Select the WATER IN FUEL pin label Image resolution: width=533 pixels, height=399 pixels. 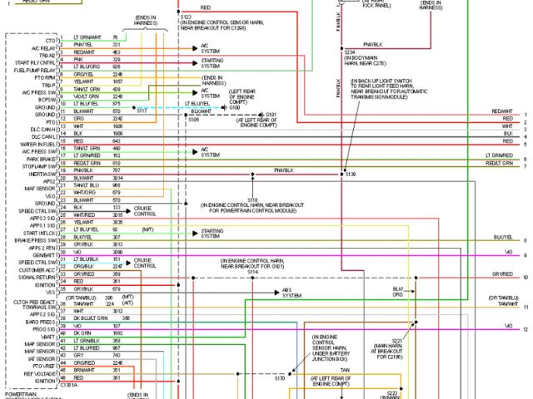[37, 145]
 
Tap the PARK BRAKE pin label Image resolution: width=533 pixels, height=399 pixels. [42, 159]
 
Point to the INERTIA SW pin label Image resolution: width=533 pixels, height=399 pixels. [42, 173]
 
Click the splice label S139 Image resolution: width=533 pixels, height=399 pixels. [350, 175]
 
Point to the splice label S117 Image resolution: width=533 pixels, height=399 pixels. [142, 110]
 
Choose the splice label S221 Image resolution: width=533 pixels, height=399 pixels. [396, 341]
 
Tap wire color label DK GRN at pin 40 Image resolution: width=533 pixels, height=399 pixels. [82, 333]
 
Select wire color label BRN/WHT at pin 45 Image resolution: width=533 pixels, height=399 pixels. [84, 370]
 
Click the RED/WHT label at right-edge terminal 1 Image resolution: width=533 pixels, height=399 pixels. [502, 111]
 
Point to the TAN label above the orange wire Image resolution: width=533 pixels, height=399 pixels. [343, 369]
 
